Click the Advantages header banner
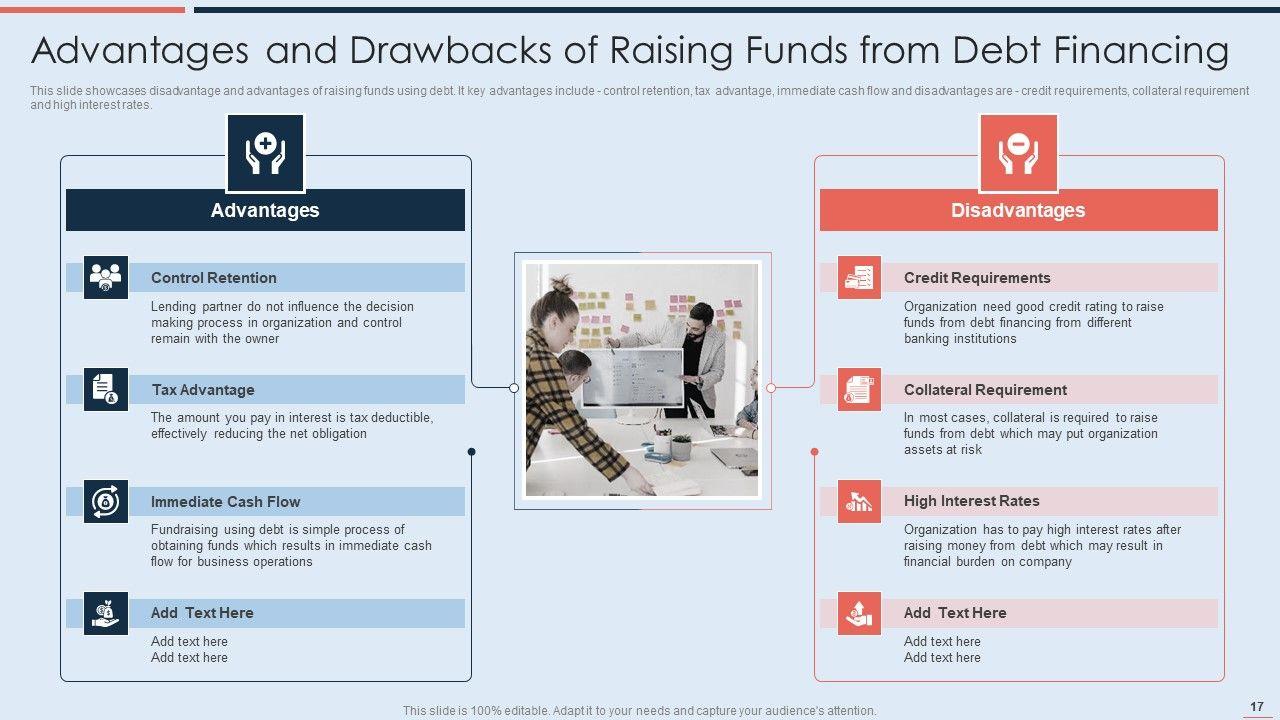point(265,210)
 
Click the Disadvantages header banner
point(1018,210)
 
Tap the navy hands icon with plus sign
point(265,153)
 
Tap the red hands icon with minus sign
point(1018,153)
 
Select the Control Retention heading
point(214,278)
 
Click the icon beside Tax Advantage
point(106,389)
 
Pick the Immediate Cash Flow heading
point(225,502)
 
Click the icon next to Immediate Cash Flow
point(106,501)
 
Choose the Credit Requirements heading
point(977,278)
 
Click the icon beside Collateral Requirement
point(859,389)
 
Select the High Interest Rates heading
point(971,501)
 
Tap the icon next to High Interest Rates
point(859,501)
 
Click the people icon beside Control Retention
point(106,277)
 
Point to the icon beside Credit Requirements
point(859,277)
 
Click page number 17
point(1257,706)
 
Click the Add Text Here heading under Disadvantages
point(955,613)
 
